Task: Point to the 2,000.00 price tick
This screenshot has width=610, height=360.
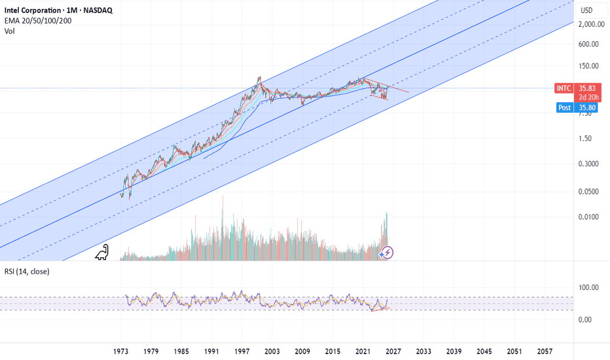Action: (591, 24)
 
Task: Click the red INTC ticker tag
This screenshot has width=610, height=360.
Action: (563, 88)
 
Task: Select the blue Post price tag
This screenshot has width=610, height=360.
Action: (564, 107)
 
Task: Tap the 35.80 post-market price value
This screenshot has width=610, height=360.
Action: (585, 107)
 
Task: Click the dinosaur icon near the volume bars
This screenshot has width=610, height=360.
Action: (103, 253)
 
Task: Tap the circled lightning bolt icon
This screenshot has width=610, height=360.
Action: (387, 252)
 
